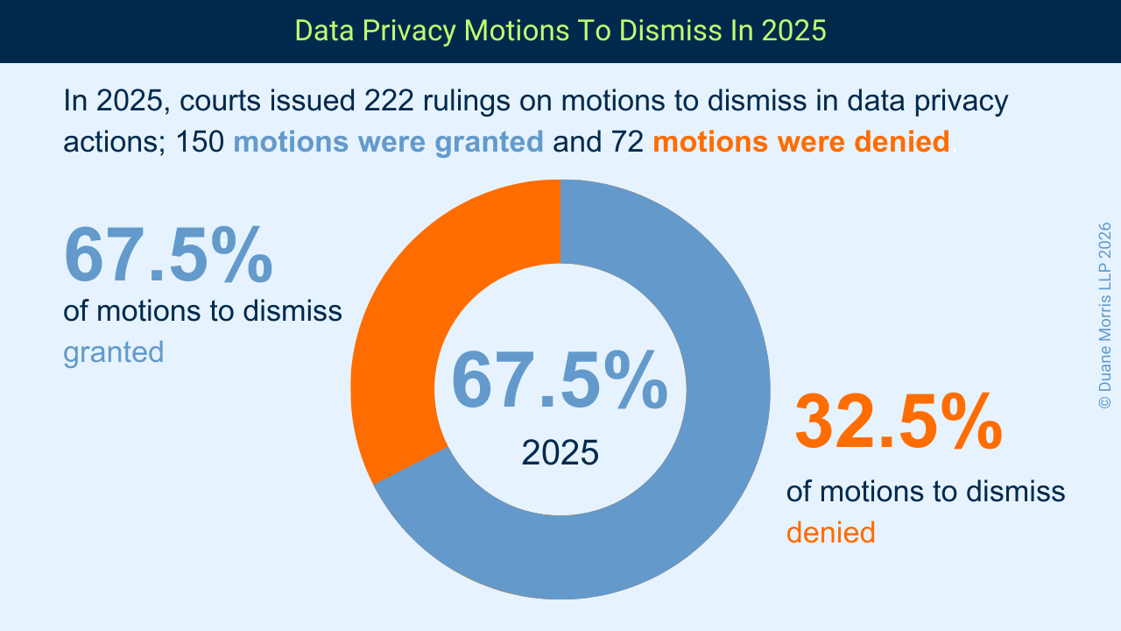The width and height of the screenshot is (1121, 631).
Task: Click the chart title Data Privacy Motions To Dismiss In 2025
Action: (560, 31)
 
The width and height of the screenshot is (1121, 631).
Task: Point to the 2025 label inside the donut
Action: (560, 452)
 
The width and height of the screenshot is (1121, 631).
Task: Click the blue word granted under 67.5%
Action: (113, 352)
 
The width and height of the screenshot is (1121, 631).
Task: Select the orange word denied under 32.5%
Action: (830, 532)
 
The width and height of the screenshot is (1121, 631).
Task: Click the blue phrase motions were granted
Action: (388, 141)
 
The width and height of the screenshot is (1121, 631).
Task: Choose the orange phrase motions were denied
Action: (800, 141)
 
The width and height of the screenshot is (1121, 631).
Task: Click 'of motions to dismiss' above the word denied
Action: (926, 491)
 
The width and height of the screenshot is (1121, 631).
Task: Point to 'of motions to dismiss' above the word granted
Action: (202, 310)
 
